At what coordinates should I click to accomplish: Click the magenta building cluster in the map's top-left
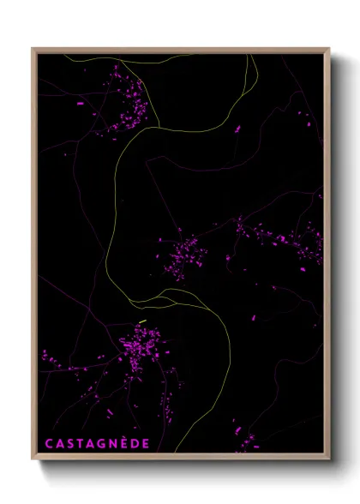pyautogui.click(x=127, y=107)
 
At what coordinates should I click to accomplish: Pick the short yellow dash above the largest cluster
pyautogui.click(x=141, y=322)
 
